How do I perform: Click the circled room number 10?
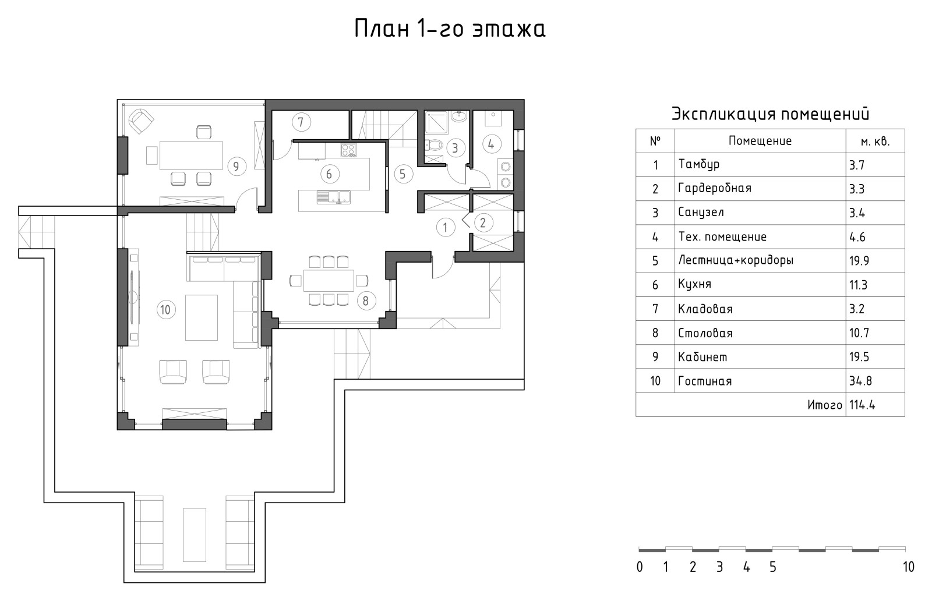[x=165, y=309]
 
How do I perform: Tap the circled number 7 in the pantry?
[x=301, y=122]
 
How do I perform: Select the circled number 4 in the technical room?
[x=491, y=143]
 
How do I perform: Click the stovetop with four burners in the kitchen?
[x=348, y=150]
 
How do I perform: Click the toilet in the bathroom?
[x=435, y=144]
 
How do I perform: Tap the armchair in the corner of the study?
[x=140, y=121]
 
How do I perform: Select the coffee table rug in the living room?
[x=202, y=317]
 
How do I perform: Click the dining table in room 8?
[x=329, y=280]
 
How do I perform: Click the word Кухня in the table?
[x=694, y=284]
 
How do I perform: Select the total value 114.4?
[x=862, y=405]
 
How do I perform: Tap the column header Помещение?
[x=760, y=141]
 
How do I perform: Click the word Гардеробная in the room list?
[x=714, y=188]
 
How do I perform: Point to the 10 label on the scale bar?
[x=908, y=567]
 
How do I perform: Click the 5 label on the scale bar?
[x=772, y=567]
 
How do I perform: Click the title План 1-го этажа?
[x=450, y=29]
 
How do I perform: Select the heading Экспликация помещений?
[x=770, y=114]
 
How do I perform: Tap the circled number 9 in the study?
[x=236, y=167]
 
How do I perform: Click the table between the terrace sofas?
[x=195, y=535]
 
